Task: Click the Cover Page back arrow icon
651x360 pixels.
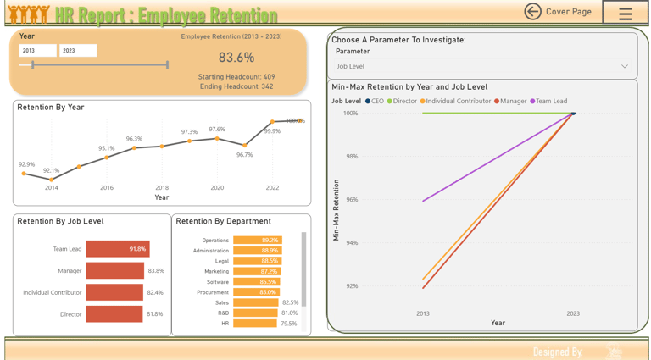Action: click(532, 11)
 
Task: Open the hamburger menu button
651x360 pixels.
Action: click(626, 14)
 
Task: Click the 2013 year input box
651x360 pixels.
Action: click(37, 51)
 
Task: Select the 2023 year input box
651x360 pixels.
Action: click(77, 51)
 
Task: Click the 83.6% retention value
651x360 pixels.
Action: click(236, 58)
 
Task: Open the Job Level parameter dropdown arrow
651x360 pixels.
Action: click(624, 66)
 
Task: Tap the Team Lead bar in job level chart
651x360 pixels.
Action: click(117, 249)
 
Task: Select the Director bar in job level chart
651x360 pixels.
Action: click(114, 314)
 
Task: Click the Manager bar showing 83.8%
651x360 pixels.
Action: click(114, 271)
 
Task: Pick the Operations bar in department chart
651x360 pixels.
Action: click(257, 241)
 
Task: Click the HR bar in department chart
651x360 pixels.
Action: click(254, 324)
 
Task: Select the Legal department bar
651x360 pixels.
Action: click(257, 261)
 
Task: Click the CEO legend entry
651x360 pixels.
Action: click(374, 102)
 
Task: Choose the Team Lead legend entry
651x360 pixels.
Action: click(548, 102)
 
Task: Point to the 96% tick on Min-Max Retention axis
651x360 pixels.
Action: click(351, 200)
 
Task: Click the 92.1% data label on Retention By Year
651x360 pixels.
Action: click(52, 171)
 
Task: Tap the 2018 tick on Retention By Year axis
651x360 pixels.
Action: click(162, 188)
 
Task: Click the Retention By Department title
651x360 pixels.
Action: click(223, 222)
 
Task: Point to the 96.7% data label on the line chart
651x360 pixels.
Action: click(244, 155)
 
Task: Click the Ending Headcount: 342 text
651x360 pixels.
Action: click(236, 86)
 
